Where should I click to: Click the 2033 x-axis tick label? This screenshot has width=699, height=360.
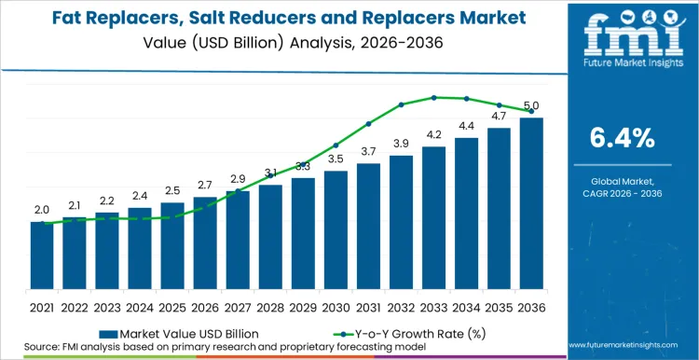[433, 306]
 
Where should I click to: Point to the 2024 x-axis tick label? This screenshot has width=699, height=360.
[140, 306]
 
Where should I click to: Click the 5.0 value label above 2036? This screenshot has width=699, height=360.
[531, 106]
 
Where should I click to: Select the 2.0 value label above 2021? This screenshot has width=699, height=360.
[42, 210]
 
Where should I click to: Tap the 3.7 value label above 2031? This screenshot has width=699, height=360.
[368, 151]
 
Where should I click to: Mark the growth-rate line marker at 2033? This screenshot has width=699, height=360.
[433, 97]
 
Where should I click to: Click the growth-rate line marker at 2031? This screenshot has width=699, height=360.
[368, 123]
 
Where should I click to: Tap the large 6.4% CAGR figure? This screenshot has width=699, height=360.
[623, 138]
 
